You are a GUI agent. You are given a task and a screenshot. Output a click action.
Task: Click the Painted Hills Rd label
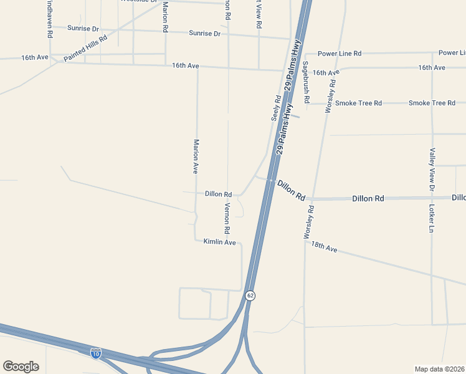[85, 47]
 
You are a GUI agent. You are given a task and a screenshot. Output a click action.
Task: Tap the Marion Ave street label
[195, 156]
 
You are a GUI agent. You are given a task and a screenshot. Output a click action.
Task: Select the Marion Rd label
[165, 17]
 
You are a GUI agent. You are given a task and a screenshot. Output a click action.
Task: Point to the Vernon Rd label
[228, 214]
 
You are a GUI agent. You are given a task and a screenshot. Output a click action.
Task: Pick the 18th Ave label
[324, 247]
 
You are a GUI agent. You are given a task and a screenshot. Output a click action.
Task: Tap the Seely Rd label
[277, 107]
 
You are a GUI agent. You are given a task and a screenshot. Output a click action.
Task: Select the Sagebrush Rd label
[306, 82]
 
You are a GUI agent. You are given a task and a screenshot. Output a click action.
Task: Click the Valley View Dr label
[431, 169]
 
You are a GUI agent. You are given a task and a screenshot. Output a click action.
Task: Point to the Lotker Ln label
[431, 218]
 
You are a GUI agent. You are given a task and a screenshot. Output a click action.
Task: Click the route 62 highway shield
[250, 295]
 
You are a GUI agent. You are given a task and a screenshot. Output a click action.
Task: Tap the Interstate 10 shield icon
[95, 353]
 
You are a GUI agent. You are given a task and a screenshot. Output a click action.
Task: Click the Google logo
[21, 367]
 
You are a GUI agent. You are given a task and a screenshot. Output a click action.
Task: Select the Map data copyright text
[439, 369]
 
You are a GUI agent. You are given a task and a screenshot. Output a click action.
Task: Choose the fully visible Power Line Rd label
[340, 54]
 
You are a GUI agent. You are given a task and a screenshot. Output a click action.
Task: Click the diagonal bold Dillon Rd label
[291, 190]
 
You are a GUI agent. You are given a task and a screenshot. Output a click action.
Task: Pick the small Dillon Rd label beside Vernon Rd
[218, 194]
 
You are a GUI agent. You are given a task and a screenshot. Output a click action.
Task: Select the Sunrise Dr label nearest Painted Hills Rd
[83, 29]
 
